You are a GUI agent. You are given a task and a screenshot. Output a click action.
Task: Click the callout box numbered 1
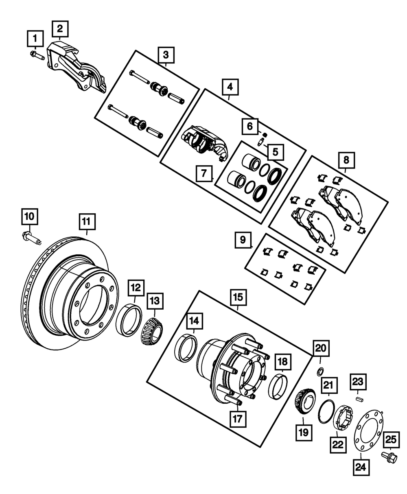pos(35,40)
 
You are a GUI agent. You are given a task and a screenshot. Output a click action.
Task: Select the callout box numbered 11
pos(87,223)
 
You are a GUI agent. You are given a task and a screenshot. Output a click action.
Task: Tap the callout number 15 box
pos(238,297)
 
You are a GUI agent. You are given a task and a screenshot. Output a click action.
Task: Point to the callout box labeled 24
pos(361,468)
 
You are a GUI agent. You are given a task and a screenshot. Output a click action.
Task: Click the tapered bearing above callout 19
pos(303,403)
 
